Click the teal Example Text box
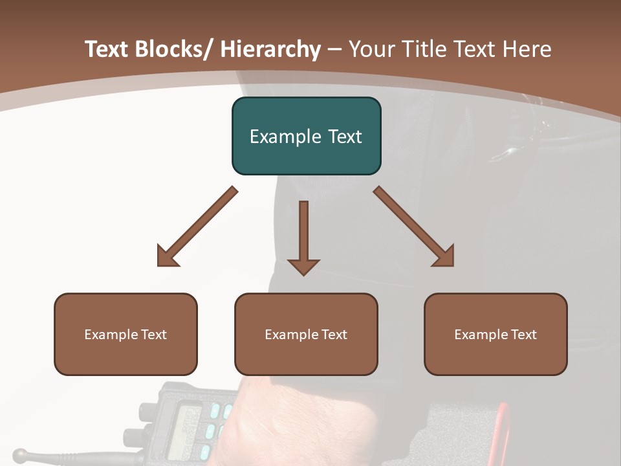(x=306, y=136)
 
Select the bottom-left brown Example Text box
(x=125, y=334)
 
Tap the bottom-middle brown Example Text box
(x=306, y=334)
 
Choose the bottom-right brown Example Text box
(x=496, y=334)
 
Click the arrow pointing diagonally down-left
(x=198, y=227)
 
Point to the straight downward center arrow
(x=303, y=236)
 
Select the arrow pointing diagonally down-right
(x=413, y=227)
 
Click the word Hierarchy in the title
(x=270, y=49)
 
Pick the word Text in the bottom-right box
(x=523, y=335)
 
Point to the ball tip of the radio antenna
(x=20, y=454)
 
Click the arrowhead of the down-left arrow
(x=166, y=257)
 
